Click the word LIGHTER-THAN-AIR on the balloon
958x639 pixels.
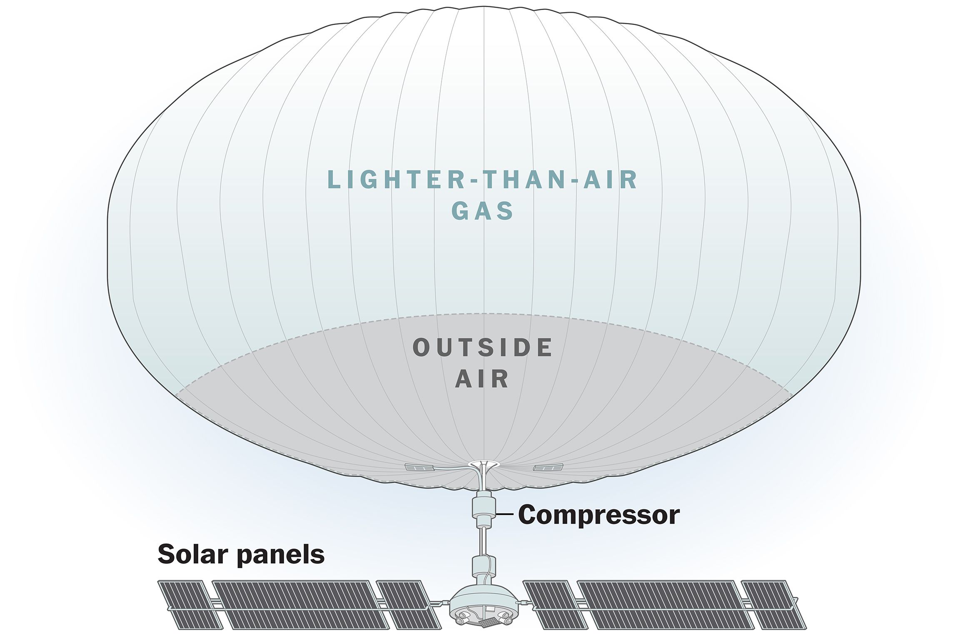point(483,180)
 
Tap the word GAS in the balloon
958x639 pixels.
point(483,211)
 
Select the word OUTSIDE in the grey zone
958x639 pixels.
point(483,348)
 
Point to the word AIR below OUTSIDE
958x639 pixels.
point(482,379)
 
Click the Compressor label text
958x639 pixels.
point(599,515)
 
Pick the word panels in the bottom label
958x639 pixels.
point(281,556)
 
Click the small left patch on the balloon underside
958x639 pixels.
point(419,468)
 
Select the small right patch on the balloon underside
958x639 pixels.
point(548,468)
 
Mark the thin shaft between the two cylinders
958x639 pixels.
point(483,542)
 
